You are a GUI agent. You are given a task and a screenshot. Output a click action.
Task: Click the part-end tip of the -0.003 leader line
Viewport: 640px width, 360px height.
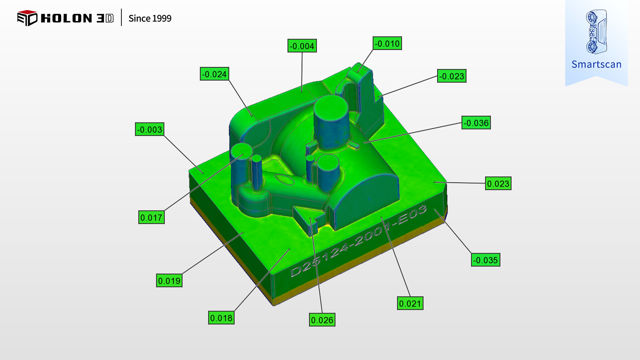pyautogui.click(x=203, y=174)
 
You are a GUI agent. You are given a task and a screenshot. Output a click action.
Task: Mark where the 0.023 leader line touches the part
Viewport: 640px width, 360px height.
pyautogui.click(x=434, y=182)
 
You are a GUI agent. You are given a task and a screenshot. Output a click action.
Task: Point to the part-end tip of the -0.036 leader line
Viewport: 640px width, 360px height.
pyautogui.click(x=364, y=143)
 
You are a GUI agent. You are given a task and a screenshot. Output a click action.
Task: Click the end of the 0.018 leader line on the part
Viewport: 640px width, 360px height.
pyautogui.click(x=290, y=249)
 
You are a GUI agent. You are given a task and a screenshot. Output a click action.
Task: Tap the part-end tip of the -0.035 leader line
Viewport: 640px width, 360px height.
pyautogui.click(x=435, y=209)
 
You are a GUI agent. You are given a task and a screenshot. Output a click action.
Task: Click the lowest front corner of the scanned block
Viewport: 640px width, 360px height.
pyautogui.click(x=274, y=305)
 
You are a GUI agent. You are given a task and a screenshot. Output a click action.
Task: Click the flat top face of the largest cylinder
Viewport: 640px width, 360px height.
pyautogui.click(x=331, y=107)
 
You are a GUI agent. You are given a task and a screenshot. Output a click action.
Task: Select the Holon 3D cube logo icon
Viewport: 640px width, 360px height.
pyautogui.click(x=27, y=18)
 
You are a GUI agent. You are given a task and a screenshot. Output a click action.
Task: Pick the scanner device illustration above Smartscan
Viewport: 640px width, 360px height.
pyautogui.click(x=596, y=32)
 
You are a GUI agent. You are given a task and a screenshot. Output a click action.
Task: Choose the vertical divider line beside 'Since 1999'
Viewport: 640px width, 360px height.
pyautogui.click(x=121, y=17)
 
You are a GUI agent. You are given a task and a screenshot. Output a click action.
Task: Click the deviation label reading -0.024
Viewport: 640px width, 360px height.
pyautogui.click(x=214, y=74)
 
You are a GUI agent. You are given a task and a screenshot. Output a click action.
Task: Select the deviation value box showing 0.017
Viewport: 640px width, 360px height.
pyautogui.click(x=151, y=218)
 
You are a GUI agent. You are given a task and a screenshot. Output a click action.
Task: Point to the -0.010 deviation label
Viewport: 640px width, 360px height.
pyautogui.click(x=387, y=43)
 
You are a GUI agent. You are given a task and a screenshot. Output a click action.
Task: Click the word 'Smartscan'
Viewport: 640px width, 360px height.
pyautogui.click(x=596, y=64)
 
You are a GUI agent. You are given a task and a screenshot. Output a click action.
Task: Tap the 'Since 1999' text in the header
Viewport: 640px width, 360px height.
pyautogui.click(x=150, y=18)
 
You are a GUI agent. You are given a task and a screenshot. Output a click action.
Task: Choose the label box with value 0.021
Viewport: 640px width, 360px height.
pyautogui.click(x=410, y=304)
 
